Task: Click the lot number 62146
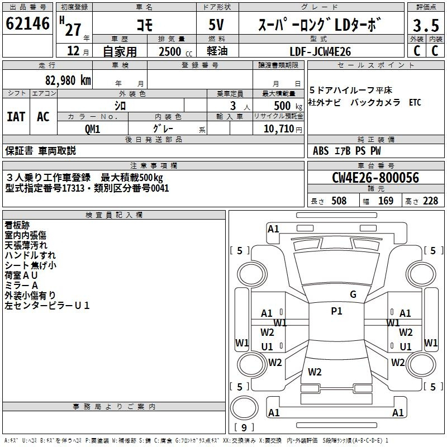pos(27,23)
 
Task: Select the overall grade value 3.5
pos(426,25)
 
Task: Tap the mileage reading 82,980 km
pos(68,80)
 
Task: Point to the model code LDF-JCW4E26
pos(320,51)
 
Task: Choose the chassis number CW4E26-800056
pos(375,178)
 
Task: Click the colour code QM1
pos(92,129)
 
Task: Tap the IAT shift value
pos(16,117)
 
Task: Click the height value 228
pos(430,201)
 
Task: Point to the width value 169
pos(386,201)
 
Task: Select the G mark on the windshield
pos(353,294)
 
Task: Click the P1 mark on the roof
pos(336,311)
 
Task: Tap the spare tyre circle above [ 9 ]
pos(244,407)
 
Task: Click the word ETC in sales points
pos(415,102)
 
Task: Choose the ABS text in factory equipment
pos(321,151)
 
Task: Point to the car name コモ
pos(145,25)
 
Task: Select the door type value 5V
pos(216,25)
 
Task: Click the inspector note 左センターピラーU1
pos(47,305)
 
